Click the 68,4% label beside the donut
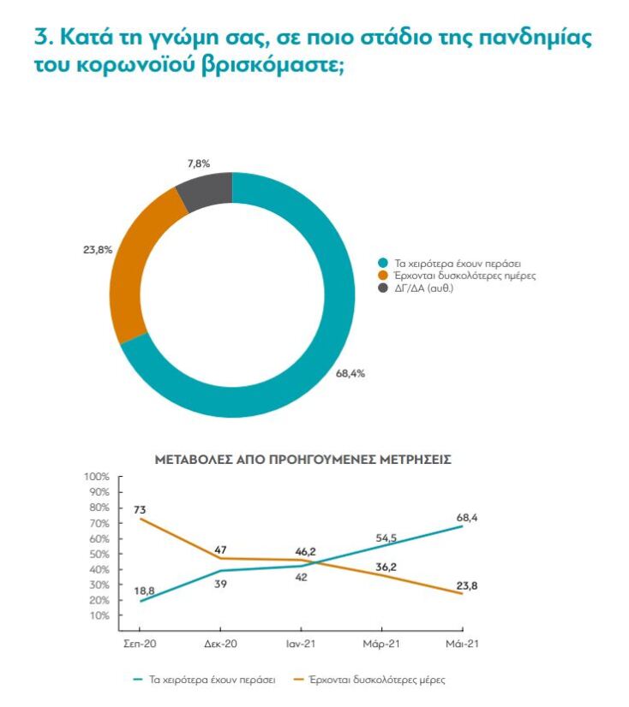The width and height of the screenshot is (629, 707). click(x=350, y=373)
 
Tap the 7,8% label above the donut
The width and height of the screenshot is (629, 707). click(x=198, y=163)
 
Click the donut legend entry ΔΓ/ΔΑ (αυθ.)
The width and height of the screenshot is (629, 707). click(x=426, y=288)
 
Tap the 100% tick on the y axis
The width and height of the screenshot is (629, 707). click(x=97, y=477)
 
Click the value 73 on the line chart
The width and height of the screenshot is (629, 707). click(x=140, y=510)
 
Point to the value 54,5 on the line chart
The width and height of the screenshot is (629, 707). click(x=386, y=538)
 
